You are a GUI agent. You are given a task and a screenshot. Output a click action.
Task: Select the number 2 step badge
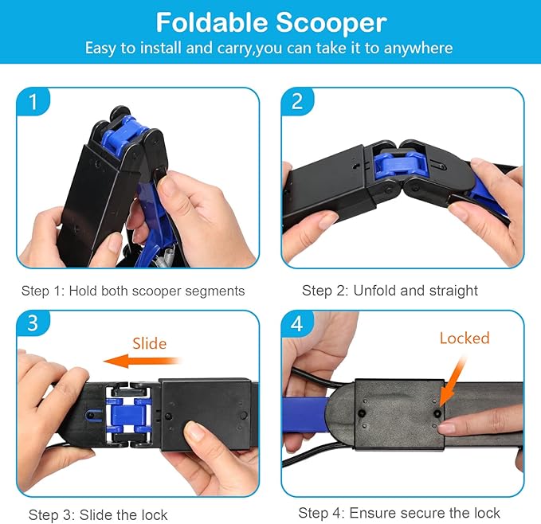297,102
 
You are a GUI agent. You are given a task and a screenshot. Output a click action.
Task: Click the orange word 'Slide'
150,343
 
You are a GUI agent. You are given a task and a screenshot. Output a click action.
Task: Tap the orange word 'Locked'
465,338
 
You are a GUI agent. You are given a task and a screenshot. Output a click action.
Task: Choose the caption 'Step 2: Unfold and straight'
390,291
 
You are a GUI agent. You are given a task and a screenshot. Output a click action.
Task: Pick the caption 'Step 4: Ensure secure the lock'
399,513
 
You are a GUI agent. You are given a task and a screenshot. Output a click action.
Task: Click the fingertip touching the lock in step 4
446,428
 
